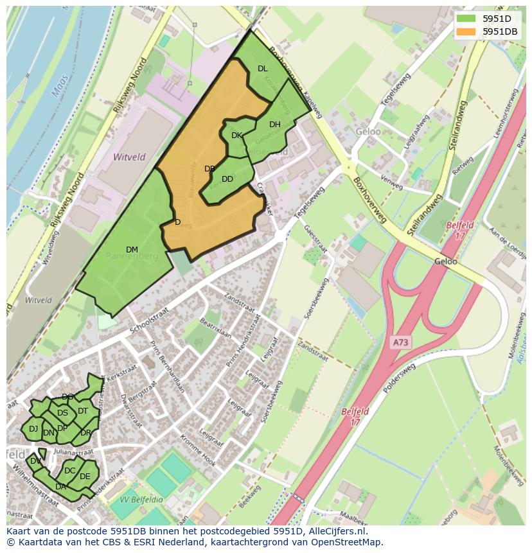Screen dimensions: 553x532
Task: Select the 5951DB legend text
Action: tap(500, 31)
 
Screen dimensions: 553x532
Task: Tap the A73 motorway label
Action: tap(400, 342)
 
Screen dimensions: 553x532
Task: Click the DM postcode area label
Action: tap(132, 249)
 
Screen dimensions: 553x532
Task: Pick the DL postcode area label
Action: tap(262, 69)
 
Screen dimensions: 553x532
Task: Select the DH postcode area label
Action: tap(274, 125)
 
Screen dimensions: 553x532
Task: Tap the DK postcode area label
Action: tap(236, 136)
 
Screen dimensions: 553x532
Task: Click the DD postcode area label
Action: tap(227, 179)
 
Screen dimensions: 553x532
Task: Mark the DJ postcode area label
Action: tap(33, 428)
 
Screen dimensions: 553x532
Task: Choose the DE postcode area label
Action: tap(85, 476)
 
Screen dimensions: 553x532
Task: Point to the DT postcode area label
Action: tap(83, 411)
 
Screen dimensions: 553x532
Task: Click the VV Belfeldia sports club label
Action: tap(141, 499)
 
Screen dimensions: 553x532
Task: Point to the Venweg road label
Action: tap(391, 182)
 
